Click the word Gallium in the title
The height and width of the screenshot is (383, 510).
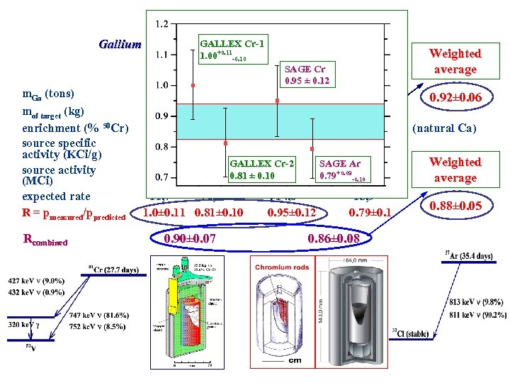point(120,45)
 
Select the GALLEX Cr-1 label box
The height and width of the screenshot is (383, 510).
point(232,50)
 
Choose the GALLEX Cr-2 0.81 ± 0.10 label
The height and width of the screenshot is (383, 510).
point(261,170)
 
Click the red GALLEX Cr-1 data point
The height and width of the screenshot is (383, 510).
point(193,86)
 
